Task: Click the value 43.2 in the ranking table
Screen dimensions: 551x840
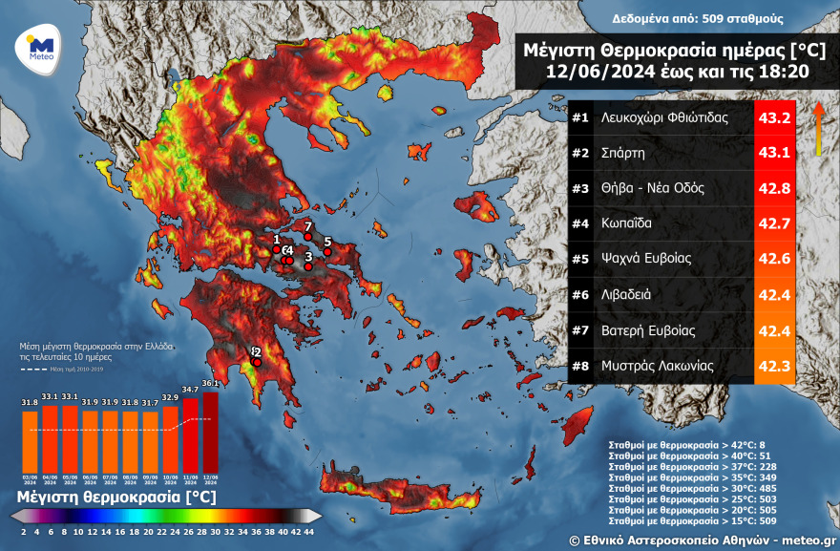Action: (773, 118)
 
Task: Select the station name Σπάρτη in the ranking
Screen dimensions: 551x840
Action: (623, 153)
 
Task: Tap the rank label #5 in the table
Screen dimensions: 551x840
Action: (579, 259)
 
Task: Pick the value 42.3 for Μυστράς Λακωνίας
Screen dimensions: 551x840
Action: (773, 365)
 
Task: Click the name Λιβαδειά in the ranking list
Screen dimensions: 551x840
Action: (626, 294)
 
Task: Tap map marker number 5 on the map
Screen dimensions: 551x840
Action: (327, 252)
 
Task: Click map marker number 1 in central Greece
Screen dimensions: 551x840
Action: (277, 249)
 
